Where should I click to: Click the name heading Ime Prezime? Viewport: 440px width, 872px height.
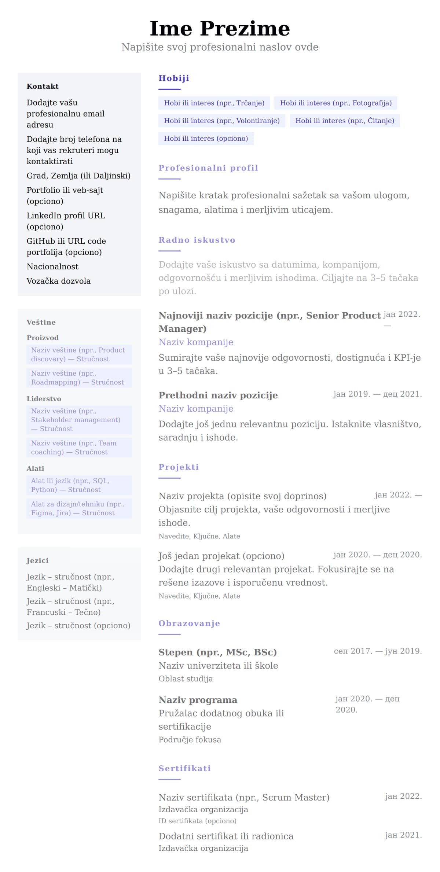point(220,29)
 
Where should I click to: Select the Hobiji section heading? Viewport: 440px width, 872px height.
point(174,78)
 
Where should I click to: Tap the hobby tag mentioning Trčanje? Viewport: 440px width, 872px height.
point(214,103)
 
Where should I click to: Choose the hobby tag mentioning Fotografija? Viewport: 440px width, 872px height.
point(335,103)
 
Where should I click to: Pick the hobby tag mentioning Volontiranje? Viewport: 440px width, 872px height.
point(221,121)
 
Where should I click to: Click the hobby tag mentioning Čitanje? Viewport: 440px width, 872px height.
point(345,121)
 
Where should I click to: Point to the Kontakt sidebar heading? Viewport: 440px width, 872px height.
point(43,87)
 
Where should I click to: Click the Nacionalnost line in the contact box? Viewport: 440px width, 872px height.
point(52,266)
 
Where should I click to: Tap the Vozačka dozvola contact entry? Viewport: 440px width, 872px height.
point(59,281)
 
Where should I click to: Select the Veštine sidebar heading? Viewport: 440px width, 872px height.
point(41,323)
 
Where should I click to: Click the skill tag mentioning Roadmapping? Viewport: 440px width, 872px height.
point(79,378)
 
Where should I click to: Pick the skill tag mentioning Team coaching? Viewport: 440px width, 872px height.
point(79,448)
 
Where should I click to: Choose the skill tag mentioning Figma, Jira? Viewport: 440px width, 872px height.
point(79,508)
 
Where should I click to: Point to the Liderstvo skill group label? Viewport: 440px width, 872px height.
point(44,399)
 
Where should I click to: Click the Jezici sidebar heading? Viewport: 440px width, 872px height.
point(37,560)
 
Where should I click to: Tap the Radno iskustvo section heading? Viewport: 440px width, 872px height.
point(197,240)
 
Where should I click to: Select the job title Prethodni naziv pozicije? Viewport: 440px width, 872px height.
point(218,395)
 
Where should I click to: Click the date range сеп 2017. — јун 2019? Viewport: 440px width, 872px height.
point(378,651)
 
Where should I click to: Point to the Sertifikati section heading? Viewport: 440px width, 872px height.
point(184,768)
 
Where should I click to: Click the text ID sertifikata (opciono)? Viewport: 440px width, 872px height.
point(197,821)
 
